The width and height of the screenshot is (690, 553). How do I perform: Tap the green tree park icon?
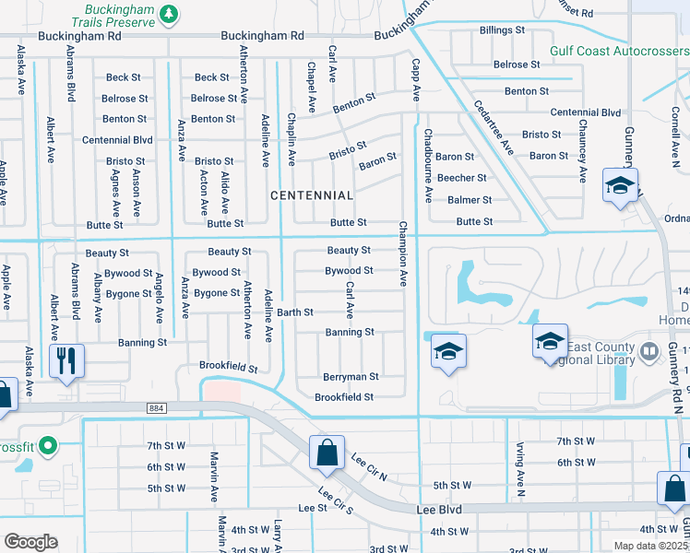point(168,13)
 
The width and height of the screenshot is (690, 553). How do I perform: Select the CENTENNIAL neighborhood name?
point(311,195)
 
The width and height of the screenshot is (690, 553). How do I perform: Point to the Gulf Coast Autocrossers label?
point(619,51)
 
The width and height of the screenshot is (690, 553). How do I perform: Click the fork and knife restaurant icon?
point(65,360)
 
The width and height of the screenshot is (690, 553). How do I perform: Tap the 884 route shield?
point(155,407)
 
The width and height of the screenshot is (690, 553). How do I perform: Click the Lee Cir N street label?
point(369,464)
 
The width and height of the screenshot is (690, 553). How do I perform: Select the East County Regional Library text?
point(601,353)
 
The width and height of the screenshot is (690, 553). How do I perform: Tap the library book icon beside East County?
point(648,350)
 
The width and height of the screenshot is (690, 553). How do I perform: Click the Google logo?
point(30,542)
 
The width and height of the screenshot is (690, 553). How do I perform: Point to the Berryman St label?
point(351,377)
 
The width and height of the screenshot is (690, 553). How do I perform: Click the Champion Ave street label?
point(403,254)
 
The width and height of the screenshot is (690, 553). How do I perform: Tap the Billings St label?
point(502,30)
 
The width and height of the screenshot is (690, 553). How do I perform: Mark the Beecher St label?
point(461,178)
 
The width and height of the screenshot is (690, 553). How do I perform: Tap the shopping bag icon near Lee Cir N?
point(327,452)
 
